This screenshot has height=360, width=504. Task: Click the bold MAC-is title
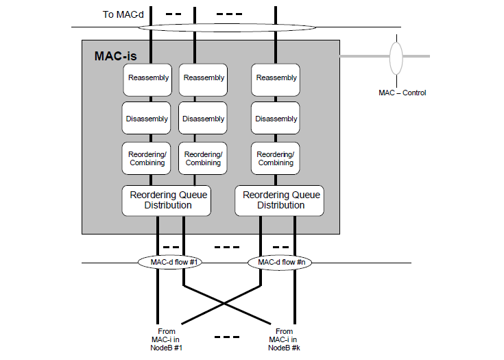click(x=115, y=56)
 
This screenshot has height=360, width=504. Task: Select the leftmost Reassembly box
click(x=147, y=80)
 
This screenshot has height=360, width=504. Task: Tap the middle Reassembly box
click(x=203, y=80)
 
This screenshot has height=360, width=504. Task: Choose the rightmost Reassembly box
click(x=276, y=80)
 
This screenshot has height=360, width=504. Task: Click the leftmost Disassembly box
click(x=146, y=118)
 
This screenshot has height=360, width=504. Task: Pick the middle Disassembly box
click(x=203, y=118)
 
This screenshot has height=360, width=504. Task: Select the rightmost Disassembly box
click(x=276, y=118)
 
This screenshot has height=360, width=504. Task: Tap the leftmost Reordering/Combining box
click(x=146, y=158)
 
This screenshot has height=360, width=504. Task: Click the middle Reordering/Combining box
click(x=203, y=158)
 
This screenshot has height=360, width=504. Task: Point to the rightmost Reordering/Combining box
click(x=276, y=158)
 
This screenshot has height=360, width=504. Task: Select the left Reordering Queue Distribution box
click(x=167, y=200)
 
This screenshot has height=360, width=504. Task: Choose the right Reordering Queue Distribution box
click(x=279, y=200)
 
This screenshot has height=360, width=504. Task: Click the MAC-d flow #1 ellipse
click(x=170, y=262)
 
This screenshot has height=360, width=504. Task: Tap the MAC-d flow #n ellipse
click(x=280, y=262)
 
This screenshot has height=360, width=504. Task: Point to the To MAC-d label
click(x=123, y=14)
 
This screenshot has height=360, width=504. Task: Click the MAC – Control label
click(x=402, y=93)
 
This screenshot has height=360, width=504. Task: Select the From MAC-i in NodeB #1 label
click(x=166, y=339)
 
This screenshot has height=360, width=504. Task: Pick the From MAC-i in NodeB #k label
click(x=284, y=339)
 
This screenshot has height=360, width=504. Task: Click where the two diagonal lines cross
click(x=224, y=303)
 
